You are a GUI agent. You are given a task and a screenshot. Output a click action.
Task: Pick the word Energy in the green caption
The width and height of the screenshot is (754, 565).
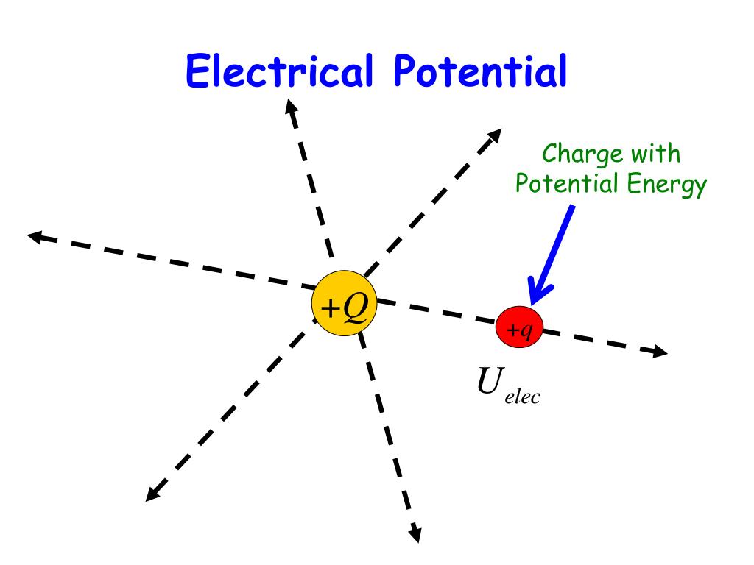[x=667, y=185]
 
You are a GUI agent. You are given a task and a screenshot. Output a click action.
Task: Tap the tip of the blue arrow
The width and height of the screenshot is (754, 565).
[x=531, y=302]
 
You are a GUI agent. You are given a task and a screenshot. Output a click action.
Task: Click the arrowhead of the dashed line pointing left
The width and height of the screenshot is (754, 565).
[x=33, y=235]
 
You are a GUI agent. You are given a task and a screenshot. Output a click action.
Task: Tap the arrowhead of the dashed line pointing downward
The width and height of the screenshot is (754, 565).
[x=415, y=536]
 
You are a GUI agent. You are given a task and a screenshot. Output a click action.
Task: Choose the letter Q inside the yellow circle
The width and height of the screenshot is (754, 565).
[x=354, y=308]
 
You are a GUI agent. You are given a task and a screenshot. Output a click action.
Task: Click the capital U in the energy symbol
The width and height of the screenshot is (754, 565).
[x=489, y=383]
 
